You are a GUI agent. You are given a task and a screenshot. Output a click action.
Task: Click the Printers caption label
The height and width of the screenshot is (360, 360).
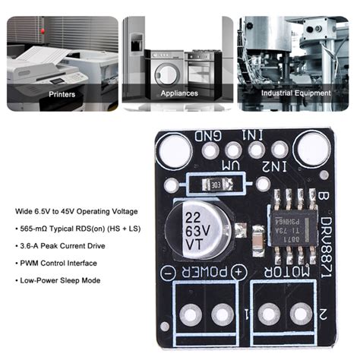tap(62, 93)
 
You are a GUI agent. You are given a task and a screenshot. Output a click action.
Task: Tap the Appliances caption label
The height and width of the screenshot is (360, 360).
tap(179, 93)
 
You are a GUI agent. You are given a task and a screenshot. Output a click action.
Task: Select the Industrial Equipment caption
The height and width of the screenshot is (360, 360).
tap(296, 93)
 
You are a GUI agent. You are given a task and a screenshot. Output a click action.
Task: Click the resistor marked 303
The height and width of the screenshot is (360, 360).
tap(216, 184)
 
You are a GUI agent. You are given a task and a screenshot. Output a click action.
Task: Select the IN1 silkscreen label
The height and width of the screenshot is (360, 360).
tap(252, 134)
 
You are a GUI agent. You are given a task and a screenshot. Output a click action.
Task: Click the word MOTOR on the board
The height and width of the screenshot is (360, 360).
tap(292, 270)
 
